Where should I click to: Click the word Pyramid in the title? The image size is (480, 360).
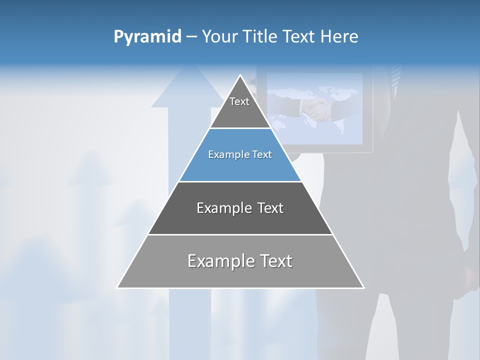point(147,37)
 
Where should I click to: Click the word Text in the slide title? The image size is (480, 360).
point(299,37)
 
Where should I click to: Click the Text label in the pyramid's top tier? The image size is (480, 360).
point(239,101)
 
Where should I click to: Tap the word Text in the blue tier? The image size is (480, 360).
point(262,155)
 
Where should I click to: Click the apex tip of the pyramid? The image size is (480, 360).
point(240,75)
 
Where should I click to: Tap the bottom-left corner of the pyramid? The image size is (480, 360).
point(117,287)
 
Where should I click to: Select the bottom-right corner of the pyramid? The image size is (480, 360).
point(363,287)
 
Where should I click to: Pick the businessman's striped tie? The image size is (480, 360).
point(395,77)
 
